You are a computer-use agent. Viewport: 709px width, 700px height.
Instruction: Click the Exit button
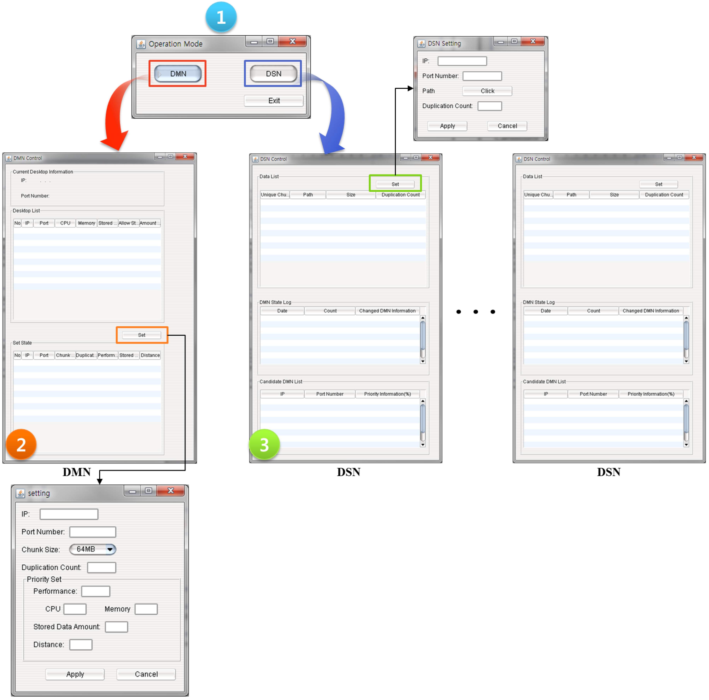pos(274,101)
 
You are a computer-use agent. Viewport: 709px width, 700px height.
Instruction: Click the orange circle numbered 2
pos(21,444)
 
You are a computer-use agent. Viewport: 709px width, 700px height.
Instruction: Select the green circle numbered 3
pos(264,444)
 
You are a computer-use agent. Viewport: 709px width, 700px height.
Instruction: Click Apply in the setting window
pos(75,674)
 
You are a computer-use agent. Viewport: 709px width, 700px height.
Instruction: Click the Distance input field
pos(81,644)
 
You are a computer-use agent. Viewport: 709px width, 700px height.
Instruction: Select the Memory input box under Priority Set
pos(146,609)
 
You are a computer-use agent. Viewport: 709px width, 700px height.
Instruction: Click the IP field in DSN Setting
pos(462,61)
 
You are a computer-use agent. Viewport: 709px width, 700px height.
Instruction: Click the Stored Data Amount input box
pos(116,626)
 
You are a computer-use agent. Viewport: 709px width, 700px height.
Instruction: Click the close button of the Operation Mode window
pos(292,41)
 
